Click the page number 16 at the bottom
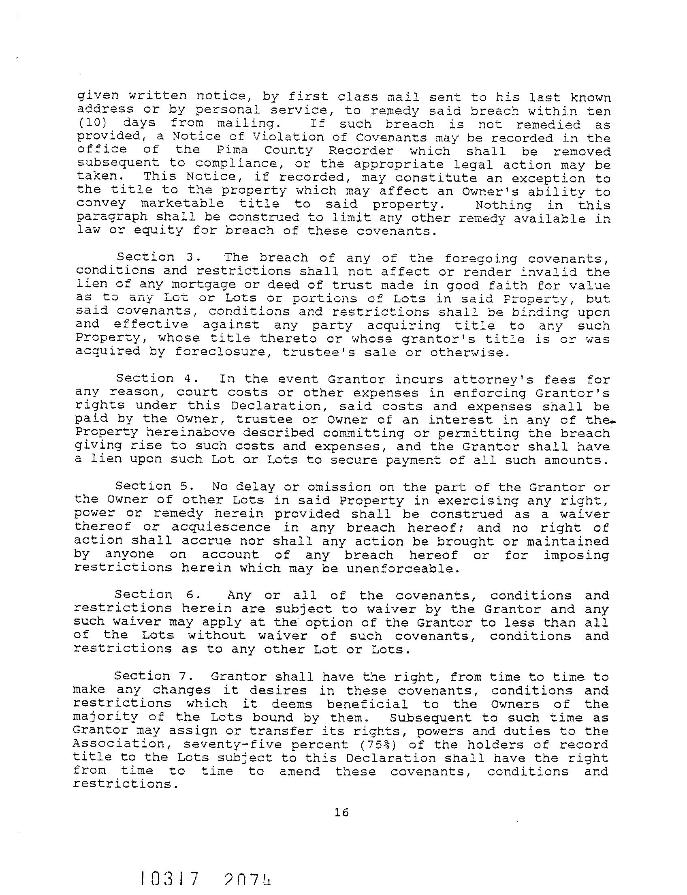coord(341,812)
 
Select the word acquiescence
coord(221,527)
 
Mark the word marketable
coord(182,204)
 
